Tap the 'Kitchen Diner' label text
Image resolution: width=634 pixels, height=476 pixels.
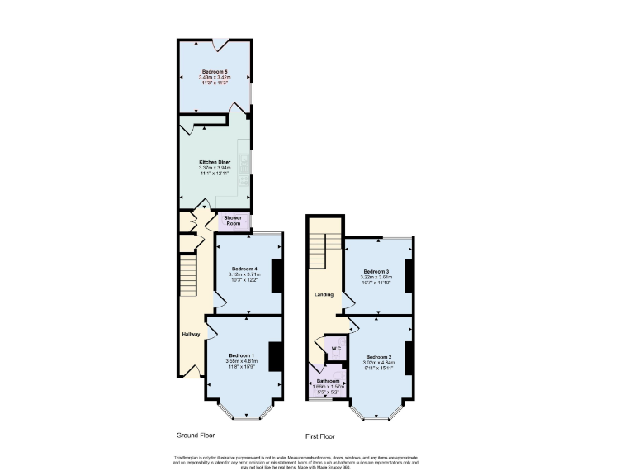coord(213,162)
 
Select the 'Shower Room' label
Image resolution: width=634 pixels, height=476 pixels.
coord(233,220)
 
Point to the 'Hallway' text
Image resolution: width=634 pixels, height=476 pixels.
coord(191,334)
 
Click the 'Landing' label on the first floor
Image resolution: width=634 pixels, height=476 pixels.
coord(324,294)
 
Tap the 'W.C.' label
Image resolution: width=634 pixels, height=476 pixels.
coord(336,349)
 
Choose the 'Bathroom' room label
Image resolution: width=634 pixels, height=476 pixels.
coord(328,381)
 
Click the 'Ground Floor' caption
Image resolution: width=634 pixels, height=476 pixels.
coord(196,434)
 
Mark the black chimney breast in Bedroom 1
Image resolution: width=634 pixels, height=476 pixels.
coord(276,356)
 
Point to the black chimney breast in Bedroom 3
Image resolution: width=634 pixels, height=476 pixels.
coord(408,274)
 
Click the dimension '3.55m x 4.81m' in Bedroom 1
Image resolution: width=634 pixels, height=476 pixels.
coord(242,360)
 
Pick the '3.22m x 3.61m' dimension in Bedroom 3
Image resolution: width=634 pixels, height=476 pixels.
coord(376,277)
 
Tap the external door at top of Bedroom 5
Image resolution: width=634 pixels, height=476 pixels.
coord(215,41)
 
